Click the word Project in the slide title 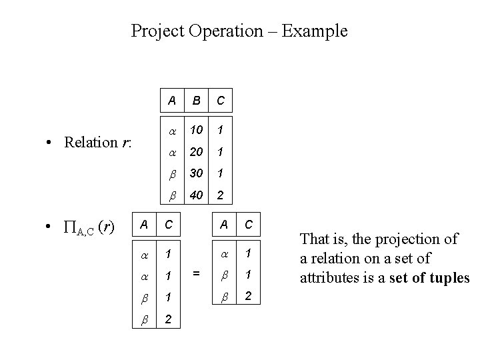(155, 31)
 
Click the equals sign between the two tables (196, 272)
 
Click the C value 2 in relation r (220, 196)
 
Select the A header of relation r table (172, 101)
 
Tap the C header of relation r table (220, 101)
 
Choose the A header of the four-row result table (144, 225)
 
